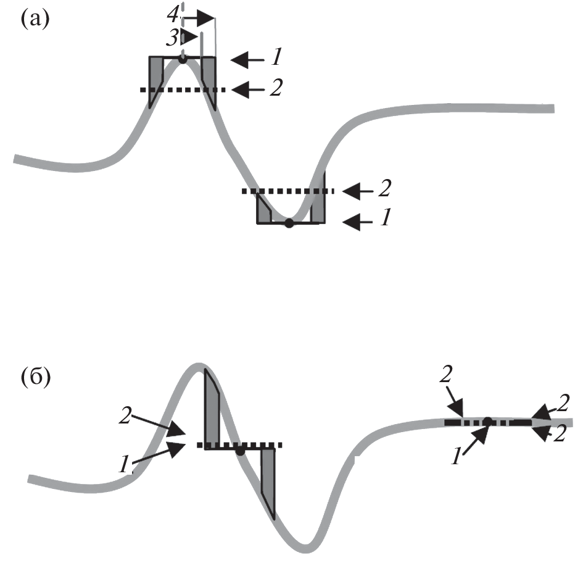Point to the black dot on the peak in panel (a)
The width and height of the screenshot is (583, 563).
pos(182,59)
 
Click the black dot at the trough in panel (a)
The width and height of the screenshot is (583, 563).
pos(289,223)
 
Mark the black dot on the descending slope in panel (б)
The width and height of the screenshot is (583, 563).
pos(240,451)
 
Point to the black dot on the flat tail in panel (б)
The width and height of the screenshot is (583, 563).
pos(487,422)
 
